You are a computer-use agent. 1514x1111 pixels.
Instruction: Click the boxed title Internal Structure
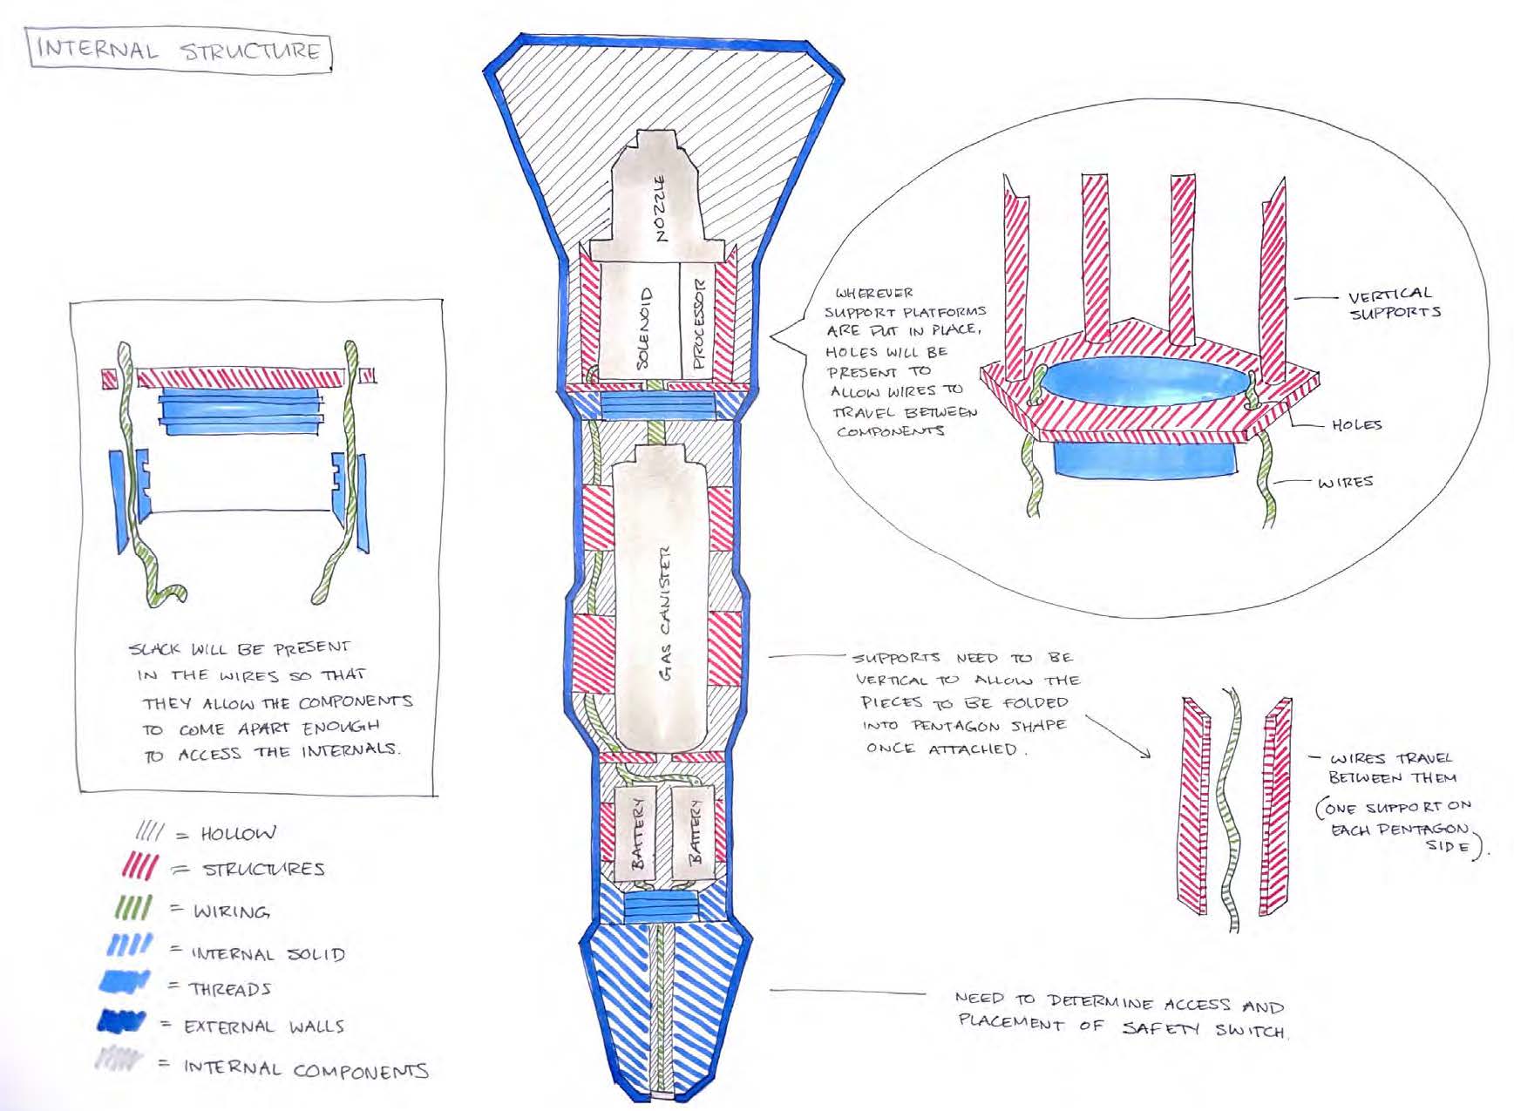[x=179, y=50]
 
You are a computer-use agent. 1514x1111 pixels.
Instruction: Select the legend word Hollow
[x=237, y=834]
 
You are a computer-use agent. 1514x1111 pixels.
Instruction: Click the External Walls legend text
[x=264, y=1026]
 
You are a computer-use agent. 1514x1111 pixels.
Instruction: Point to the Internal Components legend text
[x=305, y=1069]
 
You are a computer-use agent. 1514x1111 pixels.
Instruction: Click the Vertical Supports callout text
[x=1393, y=303]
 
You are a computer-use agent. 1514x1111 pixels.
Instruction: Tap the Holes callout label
[x=1356, y=425]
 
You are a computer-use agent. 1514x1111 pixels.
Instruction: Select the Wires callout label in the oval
[x=1345, y=482]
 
